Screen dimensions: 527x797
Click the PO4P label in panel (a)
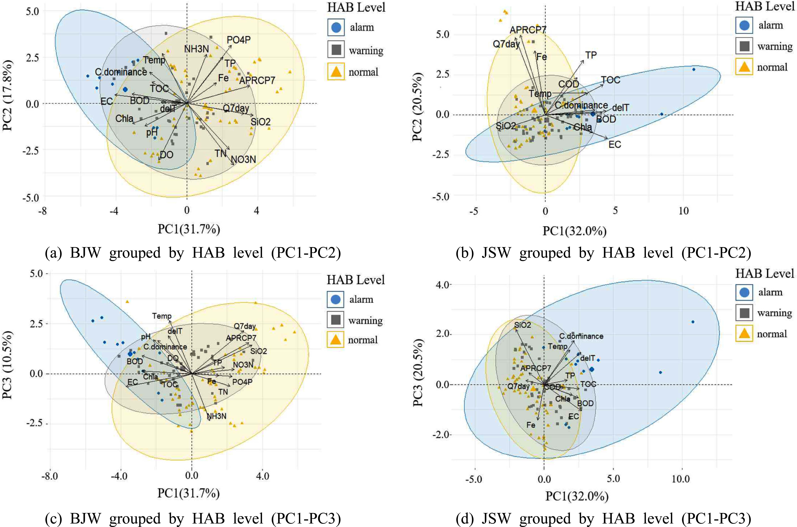[238, 40]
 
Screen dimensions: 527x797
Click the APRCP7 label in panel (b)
[528, 30]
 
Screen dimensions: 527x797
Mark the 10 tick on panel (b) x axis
[684, 211]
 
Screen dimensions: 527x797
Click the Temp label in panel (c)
[162, 316]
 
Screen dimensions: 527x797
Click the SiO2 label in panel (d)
[523, 325]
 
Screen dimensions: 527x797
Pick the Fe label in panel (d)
[531, 425]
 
